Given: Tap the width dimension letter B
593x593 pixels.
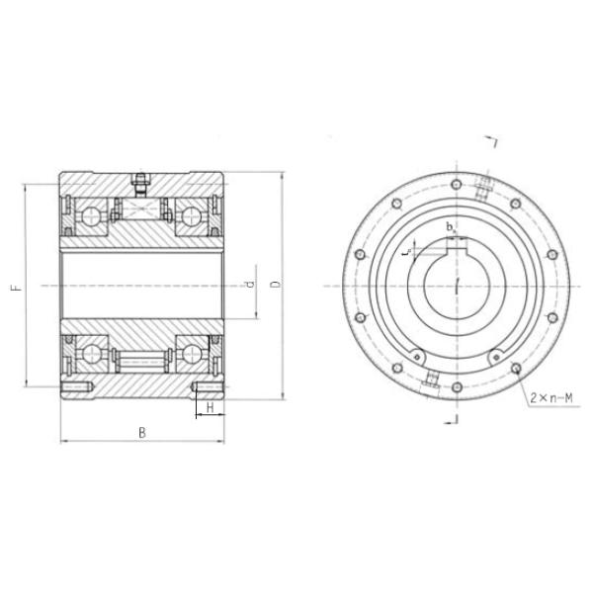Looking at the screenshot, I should point(142,432).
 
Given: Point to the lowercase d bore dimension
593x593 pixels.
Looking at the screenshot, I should point(250,285).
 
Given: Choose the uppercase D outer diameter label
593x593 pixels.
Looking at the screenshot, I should point(276,285).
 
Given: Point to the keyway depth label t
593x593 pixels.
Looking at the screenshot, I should point(406,253).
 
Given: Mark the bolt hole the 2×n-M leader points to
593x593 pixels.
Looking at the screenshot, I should point(515,369).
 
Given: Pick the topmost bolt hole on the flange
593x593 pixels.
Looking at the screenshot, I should point(455,184).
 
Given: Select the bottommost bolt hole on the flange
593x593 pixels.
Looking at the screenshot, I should point(456,387).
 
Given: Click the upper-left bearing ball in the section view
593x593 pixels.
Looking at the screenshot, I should point(92,216).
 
